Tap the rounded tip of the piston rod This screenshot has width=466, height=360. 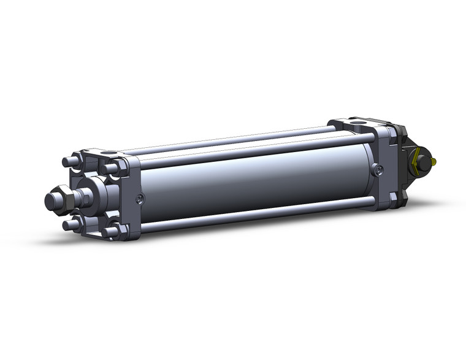click(x=51, y=201)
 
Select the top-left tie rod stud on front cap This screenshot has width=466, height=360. click(x=69, y=162)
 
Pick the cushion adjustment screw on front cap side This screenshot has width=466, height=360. click(x=140, y=198)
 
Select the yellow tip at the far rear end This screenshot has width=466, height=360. click(x=434, y=162)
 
